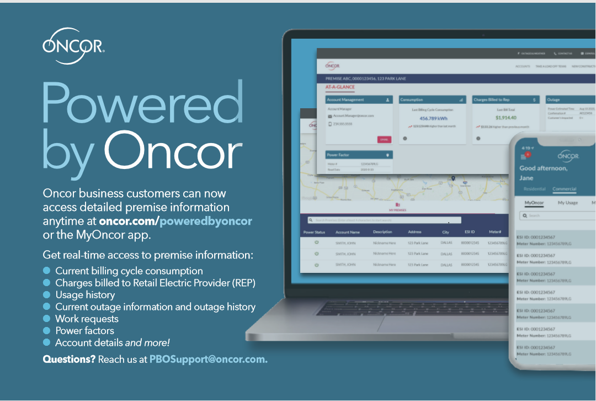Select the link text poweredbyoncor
point(206,221)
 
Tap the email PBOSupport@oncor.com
point(208,359)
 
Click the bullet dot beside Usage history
point(47,294)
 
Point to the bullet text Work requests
point(87,319)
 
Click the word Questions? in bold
point(69,359)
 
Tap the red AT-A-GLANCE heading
point(340,87)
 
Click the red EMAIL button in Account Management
point(384,140)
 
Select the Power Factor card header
point(359,155)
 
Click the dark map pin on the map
point(453,178)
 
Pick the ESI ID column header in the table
point(469,233)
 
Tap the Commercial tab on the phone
point(564,189)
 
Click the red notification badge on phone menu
point(528,155)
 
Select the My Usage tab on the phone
point(568,203)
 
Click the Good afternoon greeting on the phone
point(544,168)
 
